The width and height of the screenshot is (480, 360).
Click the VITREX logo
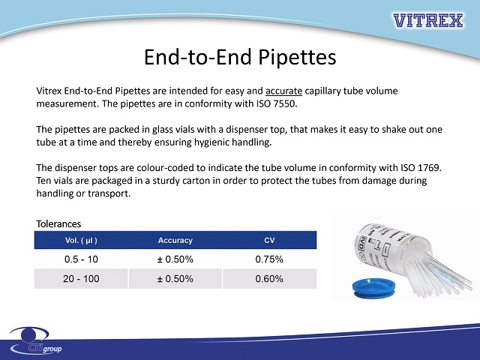428,20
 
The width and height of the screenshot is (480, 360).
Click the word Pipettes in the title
297,57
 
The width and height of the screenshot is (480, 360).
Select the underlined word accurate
283,91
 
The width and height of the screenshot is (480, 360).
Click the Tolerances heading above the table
58,223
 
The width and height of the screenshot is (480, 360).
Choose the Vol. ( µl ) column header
81,240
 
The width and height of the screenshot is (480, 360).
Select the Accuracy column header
175,240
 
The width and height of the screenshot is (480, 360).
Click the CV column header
269,240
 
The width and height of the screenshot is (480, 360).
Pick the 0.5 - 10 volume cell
81,259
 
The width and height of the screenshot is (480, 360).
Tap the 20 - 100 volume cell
81,278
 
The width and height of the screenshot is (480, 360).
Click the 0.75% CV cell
269,259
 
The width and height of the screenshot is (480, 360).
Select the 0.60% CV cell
269,278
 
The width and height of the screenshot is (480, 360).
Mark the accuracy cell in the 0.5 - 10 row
175,259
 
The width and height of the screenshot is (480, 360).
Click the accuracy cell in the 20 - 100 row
175,278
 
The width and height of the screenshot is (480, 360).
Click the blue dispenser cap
373,287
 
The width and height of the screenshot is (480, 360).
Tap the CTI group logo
36,340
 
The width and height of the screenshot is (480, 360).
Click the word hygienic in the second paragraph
211,142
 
